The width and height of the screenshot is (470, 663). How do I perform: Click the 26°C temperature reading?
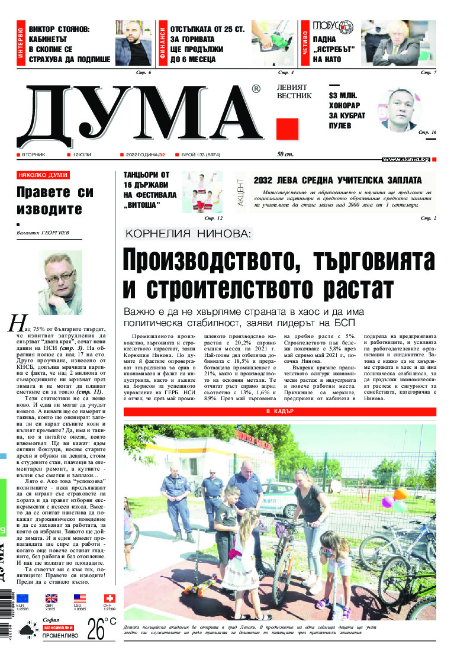101,629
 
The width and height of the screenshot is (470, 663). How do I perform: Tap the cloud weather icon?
27,632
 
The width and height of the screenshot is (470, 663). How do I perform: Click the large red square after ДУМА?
287,128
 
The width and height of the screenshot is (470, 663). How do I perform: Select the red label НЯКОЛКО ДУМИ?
43,175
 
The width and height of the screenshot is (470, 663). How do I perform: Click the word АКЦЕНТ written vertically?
240,192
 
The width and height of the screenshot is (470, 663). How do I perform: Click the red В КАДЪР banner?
279,395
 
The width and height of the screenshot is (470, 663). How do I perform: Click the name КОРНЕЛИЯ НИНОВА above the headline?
189,234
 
